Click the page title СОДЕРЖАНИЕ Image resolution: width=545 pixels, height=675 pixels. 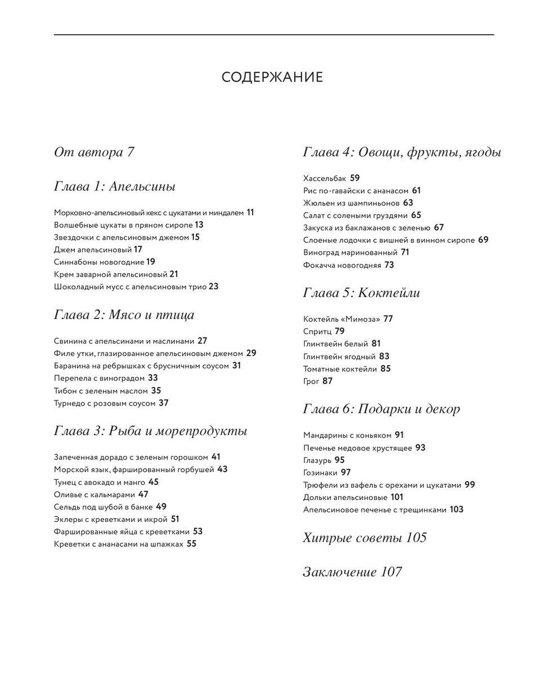pyautogui.click(x=272, y=78)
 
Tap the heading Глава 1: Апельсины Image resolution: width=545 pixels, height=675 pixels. pyautogui.click(x=115, y=187)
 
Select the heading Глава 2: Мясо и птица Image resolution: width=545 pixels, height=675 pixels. pyautogui.click(x=124, y=315)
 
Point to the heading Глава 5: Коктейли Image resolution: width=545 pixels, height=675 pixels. pyautogui.click(x=362, y=293)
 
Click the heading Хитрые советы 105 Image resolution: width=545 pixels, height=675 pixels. pyautogui.click(x=365, y=538)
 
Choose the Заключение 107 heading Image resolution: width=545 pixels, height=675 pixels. pyautogui.click(x=353, y=572)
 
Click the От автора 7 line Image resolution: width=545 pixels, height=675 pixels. pyautogui.click(x=94, y=152)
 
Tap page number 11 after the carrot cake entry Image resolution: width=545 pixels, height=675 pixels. pyautogui.click(x=250, y=213)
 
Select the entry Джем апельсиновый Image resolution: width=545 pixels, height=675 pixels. pyautogui.click(x=93, y=250)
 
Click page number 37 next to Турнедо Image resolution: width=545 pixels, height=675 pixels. pyautogui.click(x=164, y=403)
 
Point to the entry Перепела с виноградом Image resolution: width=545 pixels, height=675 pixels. pyautogui.click(x=100, y=379)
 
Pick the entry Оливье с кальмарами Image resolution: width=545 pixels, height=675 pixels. pyautogui.click(x=94, y=495)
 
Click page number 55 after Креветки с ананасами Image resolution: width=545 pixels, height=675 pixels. pyautogui.click(x=192, y=544)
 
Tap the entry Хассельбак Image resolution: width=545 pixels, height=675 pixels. pyautogui.click(x=325, y=179)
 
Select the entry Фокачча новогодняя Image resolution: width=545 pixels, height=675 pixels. pyautogui.click(x=342, y=265)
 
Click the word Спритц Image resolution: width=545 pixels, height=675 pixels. pyautogui.click(x=317, y=332)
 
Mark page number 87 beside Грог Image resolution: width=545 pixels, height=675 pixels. pyautogui.click(x=327, y=381)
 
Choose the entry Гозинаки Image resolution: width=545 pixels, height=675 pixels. pyautogui.click(x=319, y=473)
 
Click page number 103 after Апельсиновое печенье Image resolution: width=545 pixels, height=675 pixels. pyautogui.click(x=457, y=510)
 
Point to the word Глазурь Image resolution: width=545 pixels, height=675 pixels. pyautogui.click(x=317, y=461)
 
